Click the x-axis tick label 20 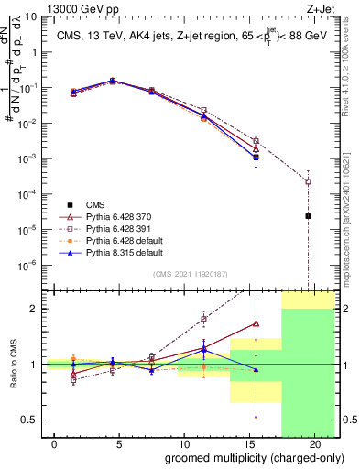pyautogui.click(x=314, y=444)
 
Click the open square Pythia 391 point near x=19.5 pyautogui.click(x=309, y=181)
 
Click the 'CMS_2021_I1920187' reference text pyautogui.click(x=190, y=274)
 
